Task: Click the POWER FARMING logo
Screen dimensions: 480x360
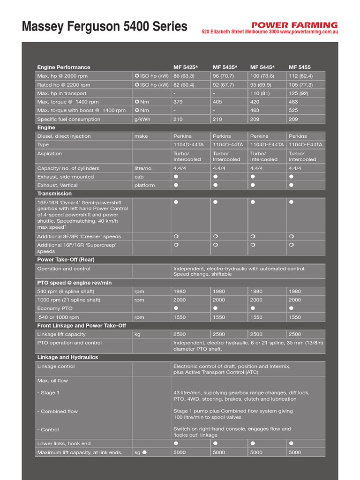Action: pos(294,25)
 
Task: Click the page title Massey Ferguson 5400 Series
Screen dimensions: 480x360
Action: pos(105,26)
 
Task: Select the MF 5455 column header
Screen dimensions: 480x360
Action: pos(300,67)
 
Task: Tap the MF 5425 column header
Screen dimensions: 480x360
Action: pos(186,67)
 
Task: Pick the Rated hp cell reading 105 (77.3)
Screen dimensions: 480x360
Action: pos(300,85)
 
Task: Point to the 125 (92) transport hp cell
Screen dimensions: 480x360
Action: pos(299,93)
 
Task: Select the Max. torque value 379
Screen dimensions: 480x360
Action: pos(178,102)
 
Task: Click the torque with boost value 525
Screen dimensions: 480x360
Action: pos(293,110)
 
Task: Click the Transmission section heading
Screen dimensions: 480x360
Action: pos(54,194)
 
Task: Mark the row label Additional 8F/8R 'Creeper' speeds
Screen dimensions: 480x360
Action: pos(79,237)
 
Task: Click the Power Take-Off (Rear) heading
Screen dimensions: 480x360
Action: pos(66,260)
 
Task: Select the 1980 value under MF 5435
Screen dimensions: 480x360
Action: pos(219,292)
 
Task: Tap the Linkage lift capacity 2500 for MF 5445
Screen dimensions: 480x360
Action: pos(256,334)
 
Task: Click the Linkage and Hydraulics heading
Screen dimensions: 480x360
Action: pos(67,357)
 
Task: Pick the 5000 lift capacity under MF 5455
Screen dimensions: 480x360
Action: pos(295,453)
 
